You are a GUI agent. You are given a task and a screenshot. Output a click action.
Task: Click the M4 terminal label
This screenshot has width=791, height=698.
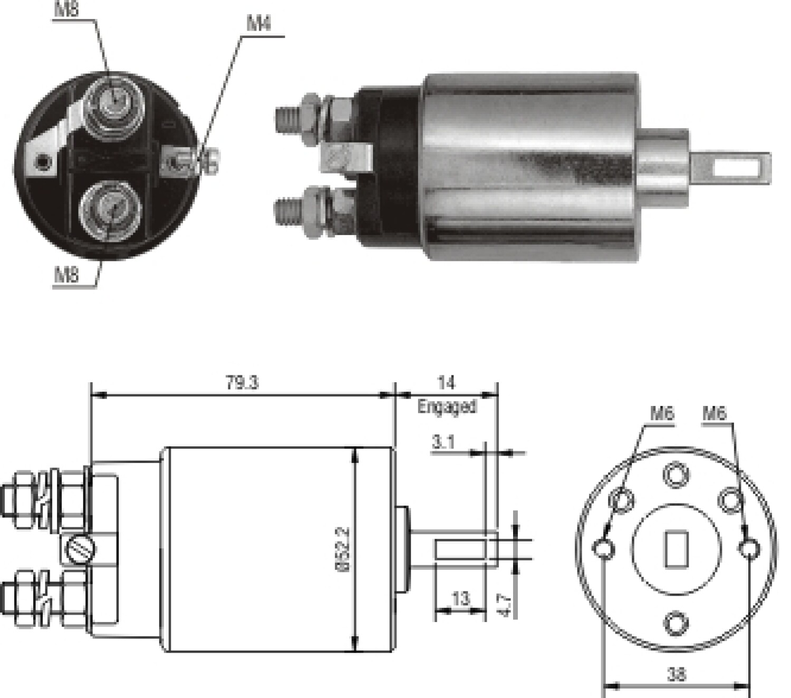click(258, 24)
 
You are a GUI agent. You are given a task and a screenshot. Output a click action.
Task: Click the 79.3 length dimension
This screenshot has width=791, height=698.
click(242, 382)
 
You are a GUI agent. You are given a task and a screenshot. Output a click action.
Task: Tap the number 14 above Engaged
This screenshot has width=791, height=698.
click(446, 382)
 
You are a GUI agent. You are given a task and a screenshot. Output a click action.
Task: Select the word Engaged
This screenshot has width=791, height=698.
click(447, 406)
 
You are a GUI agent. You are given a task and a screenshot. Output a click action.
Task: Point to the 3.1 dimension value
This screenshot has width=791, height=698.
click(443, 442)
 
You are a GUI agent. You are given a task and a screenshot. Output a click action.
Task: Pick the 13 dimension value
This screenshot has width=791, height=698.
click(460, 598)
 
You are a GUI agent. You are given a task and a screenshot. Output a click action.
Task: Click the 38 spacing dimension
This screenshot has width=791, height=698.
click(677, 674)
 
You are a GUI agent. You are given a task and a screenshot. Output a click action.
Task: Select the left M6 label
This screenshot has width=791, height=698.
click(662, 413)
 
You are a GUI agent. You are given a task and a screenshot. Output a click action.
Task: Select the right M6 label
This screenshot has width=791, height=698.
click(714, 413)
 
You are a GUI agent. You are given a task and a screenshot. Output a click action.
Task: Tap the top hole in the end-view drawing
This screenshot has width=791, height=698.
click(676, 474)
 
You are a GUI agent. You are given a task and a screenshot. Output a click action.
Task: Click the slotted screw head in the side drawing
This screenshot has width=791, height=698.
click(82, 549)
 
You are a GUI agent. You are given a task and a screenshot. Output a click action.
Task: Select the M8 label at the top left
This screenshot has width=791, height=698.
click(66, 10)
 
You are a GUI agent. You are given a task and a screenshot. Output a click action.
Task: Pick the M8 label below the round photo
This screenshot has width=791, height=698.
click(66, 275)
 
